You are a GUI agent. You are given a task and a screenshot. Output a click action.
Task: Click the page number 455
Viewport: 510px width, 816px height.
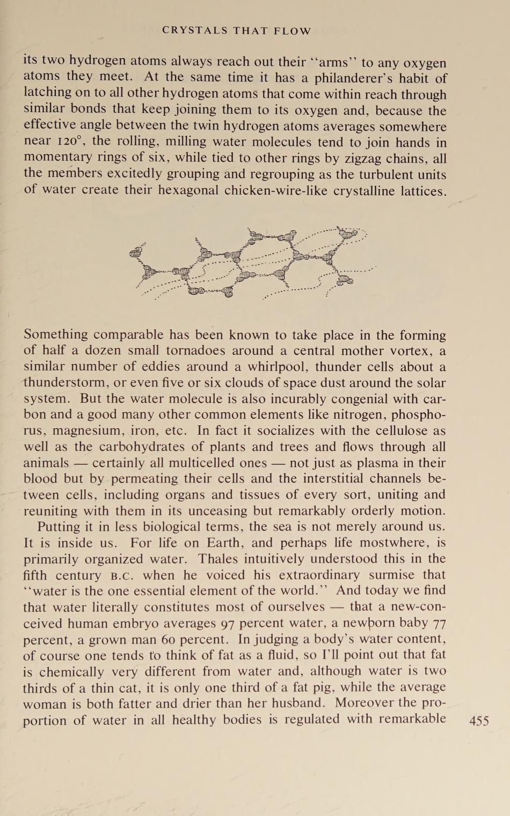click(x=479, y=721)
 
